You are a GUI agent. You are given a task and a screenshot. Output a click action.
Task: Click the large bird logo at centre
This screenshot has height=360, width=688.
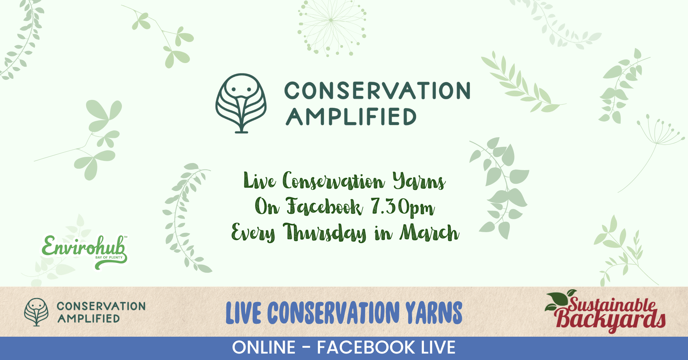tap(241, 104)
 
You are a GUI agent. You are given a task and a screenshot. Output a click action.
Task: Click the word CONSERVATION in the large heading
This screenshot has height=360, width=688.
tap(377, 91)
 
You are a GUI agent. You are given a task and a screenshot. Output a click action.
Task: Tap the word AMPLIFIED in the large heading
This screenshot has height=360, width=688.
tap(351, 116)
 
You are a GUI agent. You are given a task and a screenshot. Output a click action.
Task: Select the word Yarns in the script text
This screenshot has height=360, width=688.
tap(419, 181)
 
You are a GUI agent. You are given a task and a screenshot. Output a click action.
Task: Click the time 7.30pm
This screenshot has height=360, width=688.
tap(403, 207)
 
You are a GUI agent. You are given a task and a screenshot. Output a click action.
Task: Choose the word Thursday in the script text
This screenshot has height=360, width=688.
tap(325, 233)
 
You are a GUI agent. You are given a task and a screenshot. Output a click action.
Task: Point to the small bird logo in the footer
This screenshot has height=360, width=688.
tap(36, 312)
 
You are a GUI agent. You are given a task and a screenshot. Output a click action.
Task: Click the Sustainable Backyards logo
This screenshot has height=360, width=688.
tap(605, 311)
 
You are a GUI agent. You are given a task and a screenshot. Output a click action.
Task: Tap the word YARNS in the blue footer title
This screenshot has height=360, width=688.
tap(434, 313)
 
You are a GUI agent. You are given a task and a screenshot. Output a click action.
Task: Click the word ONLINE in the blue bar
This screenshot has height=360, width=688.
tap(264, 347)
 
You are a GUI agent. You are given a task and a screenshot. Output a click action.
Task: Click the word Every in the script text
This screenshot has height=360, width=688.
tap(253, 233)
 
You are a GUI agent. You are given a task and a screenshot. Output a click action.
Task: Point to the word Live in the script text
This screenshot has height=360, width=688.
tap(260, 181)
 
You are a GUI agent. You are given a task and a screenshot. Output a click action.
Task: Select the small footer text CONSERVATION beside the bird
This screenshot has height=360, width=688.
tap(101, 306)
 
